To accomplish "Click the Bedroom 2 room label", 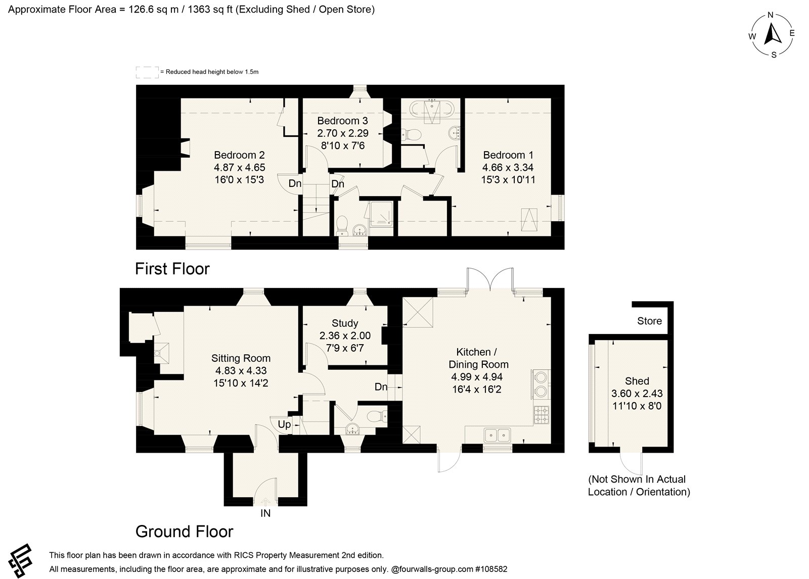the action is pos(239,155).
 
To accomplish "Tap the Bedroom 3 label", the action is pos(342,121).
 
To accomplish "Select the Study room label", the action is pos(345,323).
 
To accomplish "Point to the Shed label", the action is pos(637,381).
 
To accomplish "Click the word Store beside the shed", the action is pos(649,321).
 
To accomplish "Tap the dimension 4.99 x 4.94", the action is pos(477,377).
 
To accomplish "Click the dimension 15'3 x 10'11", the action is pos(508,179).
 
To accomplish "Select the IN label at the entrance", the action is pos(265,513).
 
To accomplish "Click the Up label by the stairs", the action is pos(284,424).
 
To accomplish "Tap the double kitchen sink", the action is pos(497,435).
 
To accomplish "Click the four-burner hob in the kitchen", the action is pos(542,415).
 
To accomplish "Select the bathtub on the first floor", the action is pos(433,109).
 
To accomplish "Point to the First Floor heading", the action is pos(172,269).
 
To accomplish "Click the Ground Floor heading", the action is pos(184,532).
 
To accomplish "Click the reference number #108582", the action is pos(491,569).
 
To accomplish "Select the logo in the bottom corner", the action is pos(21,560).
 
